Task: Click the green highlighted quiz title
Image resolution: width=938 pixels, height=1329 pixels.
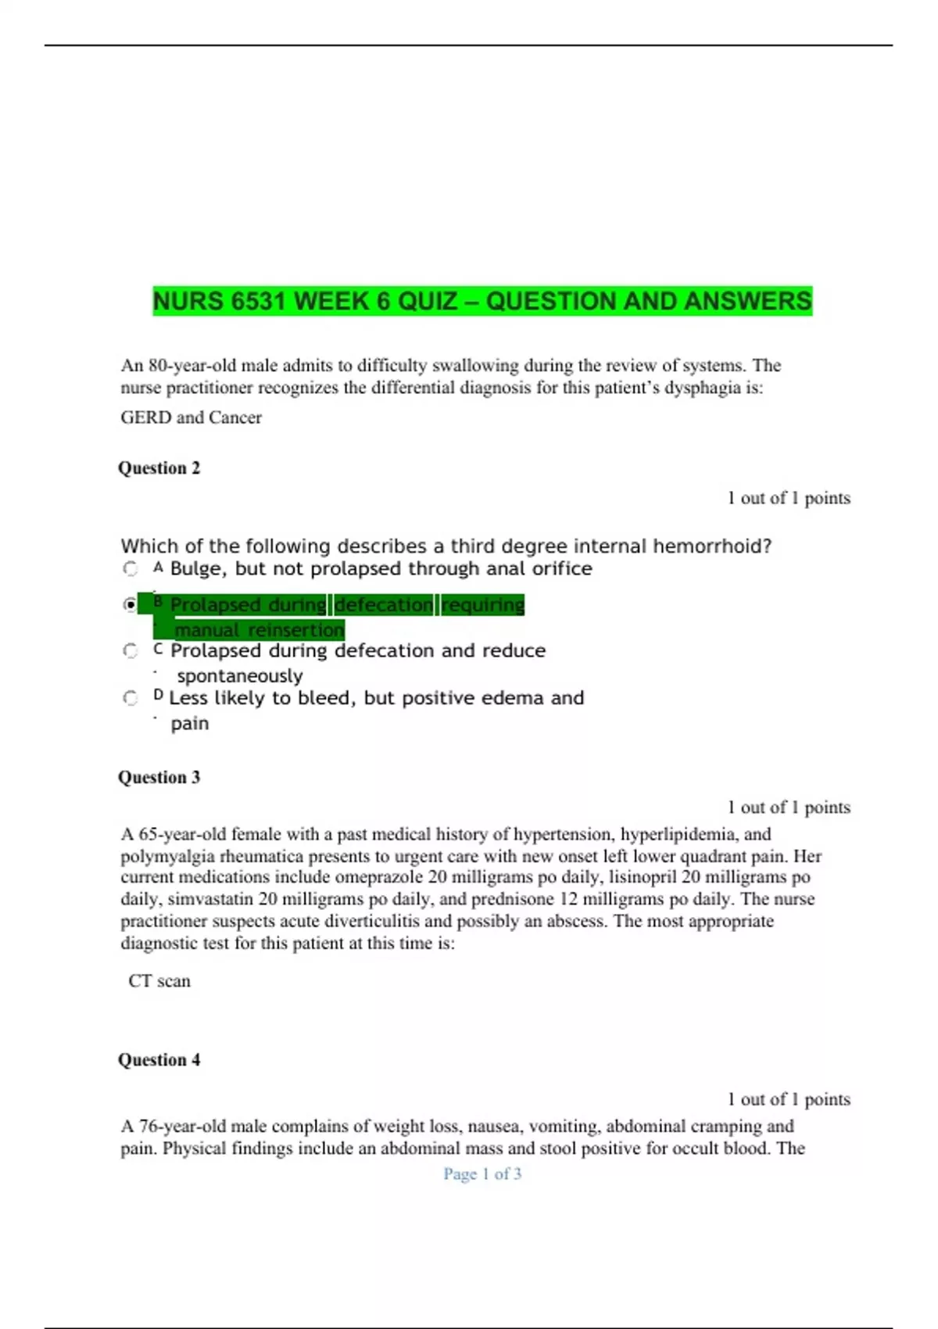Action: tap(482, 301)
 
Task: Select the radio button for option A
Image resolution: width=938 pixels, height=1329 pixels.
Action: tap(131, 569)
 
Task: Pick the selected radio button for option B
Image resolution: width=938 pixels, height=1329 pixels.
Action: tap(131, 604)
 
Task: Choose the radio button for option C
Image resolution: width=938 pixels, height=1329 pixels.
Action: tap(131, 650)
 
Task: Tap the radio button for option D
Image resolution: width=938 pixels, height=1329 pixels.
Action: tap(131, 697)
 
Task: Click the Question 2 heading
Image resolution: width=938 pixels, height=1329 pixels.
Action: tap(159, 468)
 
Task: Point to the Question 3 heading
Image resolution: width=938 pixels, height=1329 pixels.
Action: tap(159, 777)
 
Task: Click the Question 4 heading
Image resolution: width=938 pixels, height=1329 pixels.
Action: tap(159, 1060)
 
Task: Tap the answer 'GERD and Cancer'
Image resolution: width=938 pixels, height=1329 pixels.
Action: tap(191, 417)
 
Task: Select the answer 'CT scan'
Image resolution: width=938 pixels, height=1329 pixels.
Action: tap(159, 981)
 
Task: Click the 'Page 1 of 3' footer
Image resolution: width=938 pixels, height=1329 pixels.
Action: tap(482, 1173)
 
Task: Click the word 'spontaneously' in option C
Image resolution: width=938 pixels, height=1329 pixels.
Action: tap(240, 675)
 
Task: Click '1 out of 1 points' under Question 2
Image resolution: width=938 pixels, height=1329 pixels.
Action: tap(789, 498)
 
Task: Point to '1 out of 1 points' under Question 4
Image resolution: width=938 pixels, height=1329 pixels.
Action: tap(789, 1099)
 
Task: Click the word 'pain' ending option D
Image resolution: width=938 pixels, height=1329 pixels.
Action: tap(190, 723)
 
